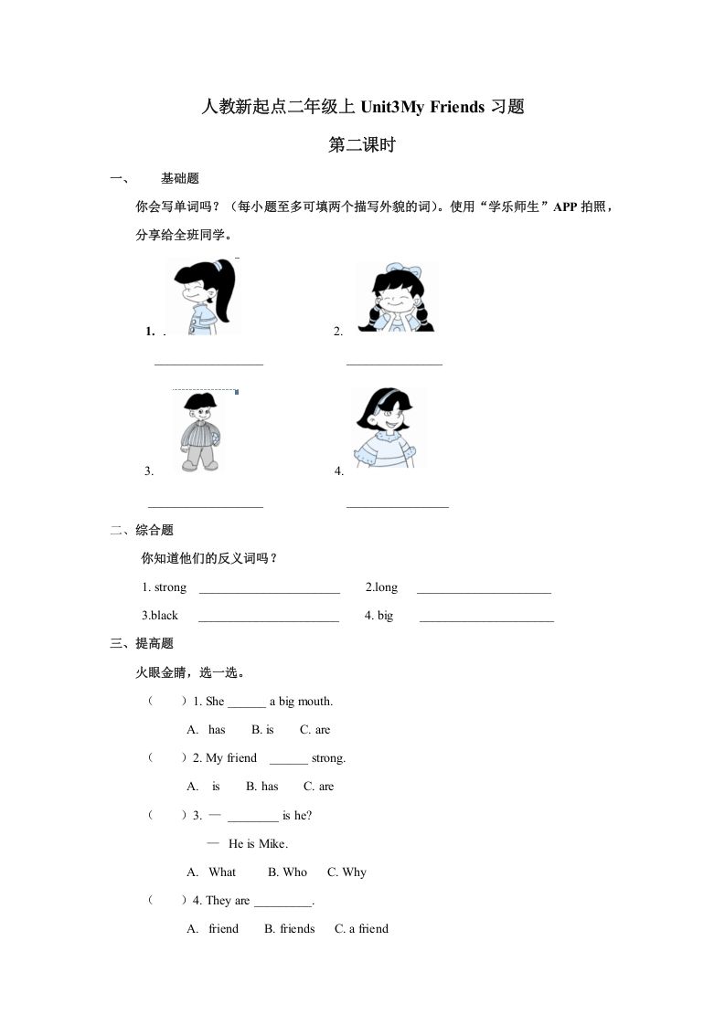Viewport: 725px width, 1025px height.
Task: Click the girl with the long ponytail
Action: pos(202,296)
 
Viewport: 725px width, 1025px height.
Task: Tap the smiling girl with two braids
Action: pos(396,297)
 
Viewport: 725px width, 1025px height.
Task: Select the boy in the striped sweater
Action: pos(198,431)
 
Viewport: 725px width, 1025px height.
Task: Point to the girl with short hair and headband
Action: pos(388,427)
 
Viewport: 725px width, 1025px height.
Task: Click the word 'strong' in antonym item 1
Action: pos(170,587)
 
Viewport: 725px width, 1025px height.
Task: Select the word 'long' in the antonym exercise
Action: pos(385,587)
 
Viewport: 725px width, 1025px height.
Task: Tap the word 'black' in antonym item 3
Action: pos(165,616)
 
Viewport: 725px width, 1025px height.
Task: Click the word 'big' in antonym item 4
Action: pos(385,616)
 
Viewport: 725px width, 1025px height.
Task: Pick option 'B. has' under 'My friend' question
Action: pos(262,787)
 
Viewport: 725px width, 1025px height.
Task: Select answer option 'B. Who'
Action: pos(287,872)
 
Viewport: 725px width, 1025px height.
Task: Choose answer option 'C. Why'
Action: pos(347,872)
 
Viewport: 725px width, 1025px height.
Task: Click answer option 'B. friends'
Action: pos(289,929)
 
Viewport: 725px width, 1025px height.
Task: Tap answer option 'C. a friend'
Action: pos(361,929)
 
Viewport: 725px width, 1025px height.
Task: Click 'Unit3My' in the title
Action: pos(391,108)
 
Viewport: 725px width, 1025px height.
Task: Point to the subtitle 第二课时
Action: pos(361,144)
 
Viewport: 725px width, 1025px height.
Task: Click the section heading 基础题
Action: pos(180,178)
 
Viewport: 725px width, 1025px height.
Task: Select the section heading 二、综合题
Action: pos(142,530)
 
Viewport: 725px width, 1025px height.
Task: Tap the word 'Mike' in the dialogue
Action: pos(272,844)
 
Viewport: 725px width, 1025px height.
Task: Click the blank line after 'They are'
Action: pos(283,902)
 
